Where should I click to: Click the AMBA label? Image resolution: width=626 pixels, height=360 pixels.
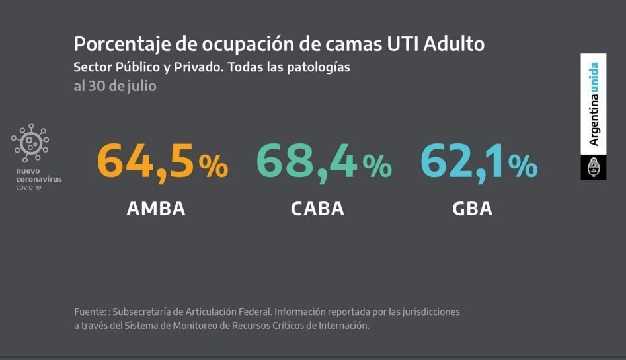pos(156,209)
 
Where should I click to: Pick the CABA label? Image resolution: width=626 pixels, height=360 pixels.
pos(317,209)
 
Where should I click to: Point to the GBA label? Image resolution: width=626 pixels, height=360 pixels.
pos(473,209)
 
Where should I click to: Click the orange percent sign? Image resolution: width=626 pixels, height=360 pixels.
pos(213,166)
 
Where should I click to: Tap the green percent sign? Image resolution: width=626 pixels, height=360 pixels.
pos(377,166)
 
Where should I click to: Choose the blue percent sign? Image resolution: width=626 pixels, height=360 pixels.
pos(523,166)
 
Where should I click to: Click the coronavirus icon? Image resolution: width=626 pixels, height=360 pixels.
pos(30,143)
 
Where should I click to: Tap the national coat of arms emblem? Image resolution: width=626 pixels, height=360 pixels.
pos(593,168)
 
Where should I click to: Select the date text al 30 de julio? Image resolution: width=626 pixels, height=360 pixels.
pos(114,86)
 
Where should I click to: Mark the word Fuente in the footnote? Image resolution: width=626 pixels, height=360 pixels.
pos(89,312)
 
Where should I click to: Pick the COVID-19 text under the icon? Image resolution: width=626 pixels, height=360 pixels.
pos(29,188)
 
